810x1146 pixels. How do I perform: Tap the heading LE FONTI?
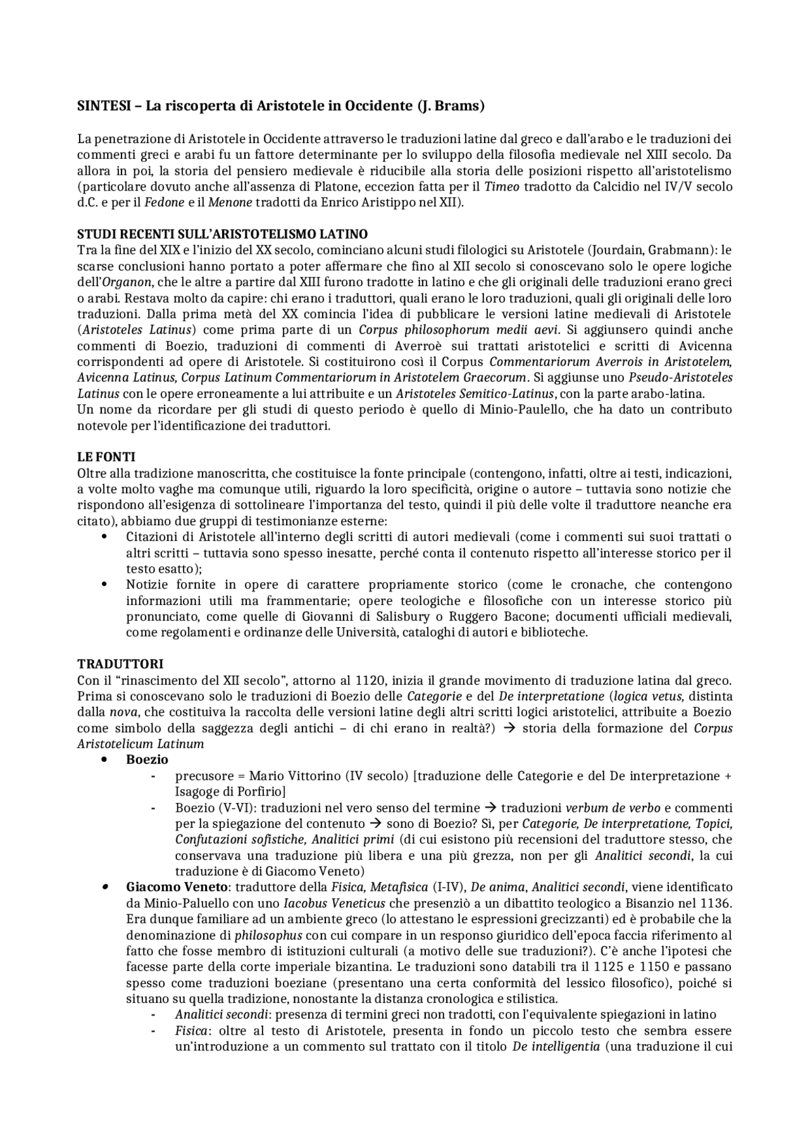[106, 457]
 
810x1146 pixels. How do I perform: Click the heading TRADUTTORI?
[120, 664]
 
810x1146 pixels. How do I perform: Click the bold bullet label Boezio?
[147, 759]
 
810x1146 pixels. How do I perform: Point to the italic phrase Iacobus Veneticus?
[332, 903]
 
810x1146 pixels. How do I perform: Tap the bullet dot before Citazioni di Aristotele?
[104, 537]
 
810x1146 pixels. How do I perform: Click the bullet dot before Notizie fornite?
[104, 584]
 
